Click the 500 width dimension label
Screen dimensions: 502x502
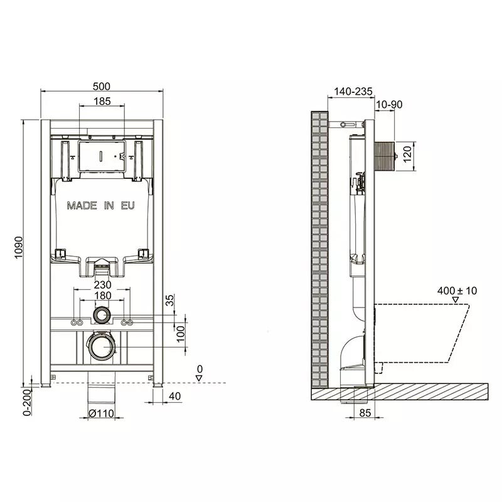pyautogui.click(x=102, y=87)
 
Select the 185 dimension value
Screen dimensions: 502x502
pyautogui.click(x=102, y=101)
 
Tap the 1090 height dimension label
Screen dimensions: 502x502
pyautogui.click(x=19, y=247)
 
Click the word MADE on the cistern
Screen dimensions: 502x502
pyautogui.click(x=82, y=206)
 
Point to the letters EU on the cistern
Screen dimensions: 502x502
pyautogui.click(x=128, y=206)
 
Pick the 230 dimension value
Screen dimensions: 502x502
pyautogui.click(x=102, y=285)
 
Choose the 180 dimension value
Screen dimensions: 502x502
pyautogui.click(x=102, y=296)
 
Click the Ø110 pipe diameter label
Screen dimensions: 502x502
pyautogui.click(x=101, y=414)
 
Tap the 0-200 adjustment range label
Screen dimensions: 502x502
pyautogui.click(x=28, y=402)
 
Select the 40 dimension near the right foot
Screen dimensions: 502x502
pyautogui.click(x=174, y=396)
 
